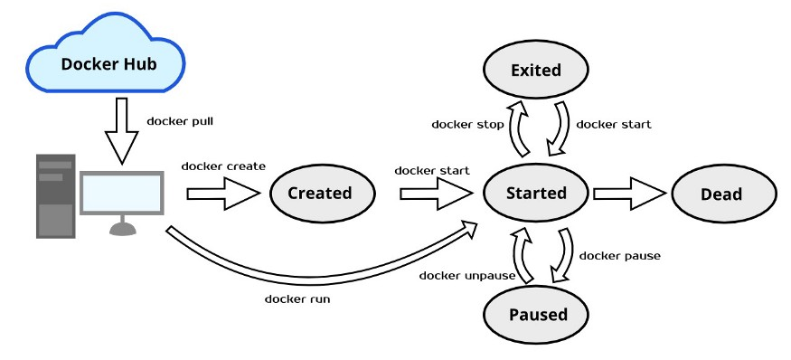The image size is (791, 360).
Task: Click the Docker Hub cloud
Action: pyautogui.click(x=107, y=63)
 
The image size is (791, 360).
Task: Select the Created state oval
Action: pyautogui.click(x=319, y=193)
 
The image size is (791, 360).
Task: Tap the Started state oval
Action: pyautogui.click(x=536, y=193)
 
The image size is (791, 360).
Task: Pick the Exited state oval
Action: pyautogui.click(x=536, y=70)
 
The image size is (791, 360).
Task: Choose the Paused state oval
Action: pyautogui.click(x=537, y=314)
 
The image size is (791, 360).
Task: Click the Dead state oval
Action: pyautogui.click(x=720, y=194)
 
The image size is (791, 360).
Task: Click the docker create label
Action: pyautogui.click(x=223, y=166)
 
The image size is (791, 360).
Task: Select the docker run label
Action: pyautogui.click(x=297, y=298)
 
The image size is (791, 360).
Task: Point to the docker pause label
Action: pyautogui.click(x=619, y=255)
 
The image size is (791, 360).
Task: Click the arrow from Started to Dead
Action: pyautogui.click(x=630, y=193)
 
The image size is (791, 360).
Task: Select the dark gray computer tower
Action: pyautogui.click(x=55, y=195)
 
